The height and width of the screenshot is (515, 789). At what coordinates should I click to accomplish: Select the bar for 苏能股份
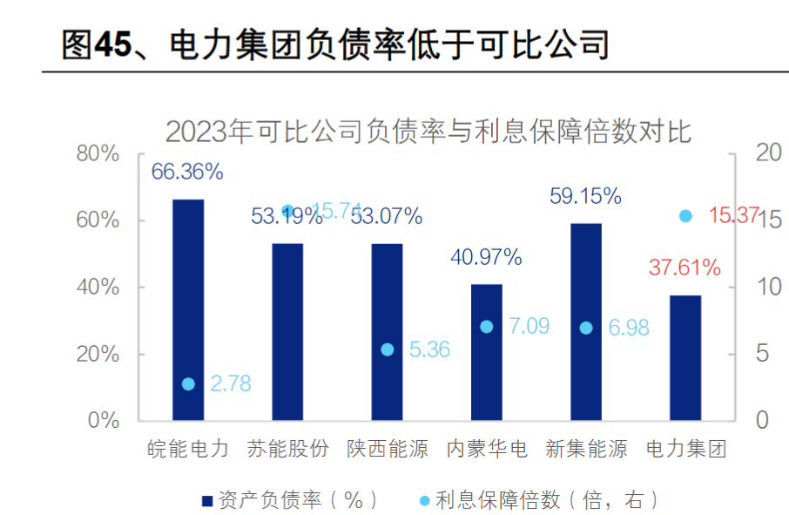(x=287, y=331)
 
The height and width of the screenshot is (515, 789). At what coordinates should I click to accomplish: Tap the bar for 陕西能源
(x=388, y=331)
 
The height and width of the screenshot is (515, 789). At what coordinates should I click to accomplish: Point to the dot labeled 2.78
(x=188, y=383)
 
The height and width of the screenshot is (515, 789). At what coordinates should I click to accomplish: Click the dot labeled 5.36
(x=388, y=349)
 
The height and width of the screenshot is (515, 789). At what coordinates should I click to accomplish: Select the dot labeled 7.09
(x=487, y=327)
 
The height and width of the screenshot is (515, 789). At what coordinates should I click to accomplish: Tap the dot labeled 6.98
(x=586, y=328)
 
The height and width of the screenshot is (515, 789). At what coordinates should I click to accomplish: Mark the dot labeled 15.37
(x=685, y=215)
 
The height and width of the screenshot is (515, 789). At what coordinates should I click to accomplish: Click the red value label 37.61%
(x=684, y=268)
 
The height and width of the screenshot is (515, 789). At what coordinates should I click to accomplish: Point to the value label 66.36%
(x=187, y=172)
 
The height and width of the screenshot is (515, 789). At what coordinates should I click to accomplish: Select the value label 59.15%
(x=585, y=196)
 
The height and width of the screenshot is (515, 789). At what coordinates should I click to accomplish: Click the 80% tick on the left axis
(x=98, y=154)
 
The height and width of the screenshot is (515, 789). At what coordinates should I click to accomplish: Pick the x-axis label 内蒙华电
(x=487, y=450)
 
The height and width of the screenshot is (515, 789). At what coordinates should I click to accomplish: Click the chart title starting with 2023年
(x=428, y=132)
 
